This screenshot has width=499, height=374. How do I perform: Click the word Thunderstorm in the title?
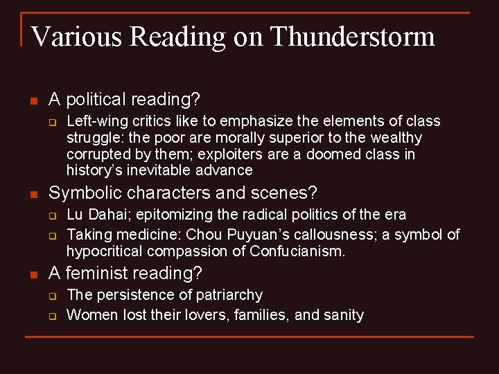point(353,36)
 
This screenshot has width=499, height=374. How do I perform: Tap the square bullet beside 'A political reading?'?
point(32,100)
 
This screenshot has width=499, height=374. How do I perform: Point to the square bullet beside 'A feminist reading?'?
point(32,274)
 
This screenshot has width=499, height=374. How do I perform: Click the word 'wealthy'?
point(396,137)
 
